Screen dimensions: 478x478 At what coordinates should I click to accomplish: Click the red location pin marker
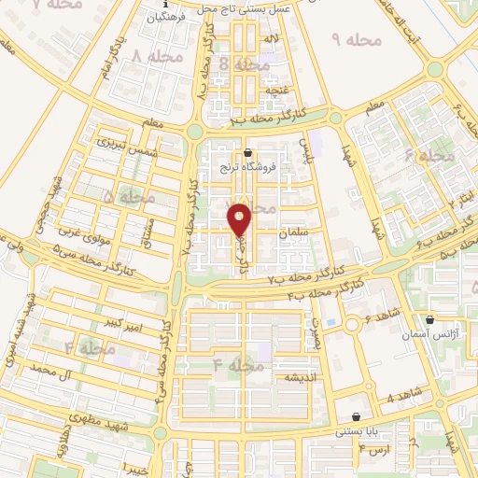pos(240,218)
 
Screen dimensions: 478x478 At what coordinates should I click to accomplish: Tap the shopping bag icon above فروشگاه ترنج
pos(247,153)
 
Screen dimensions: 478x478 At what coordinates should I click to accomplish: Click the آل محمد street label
pos(51,372)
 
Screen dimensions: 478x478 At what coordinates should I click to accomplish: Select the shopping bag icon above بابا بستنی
pos(356,416)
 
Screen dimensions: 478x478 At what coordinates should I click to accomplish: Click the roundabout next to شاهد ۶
pos(351,325)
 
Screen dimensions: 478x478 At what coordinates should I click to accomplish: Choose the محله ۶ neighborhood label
pos(430,155)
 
